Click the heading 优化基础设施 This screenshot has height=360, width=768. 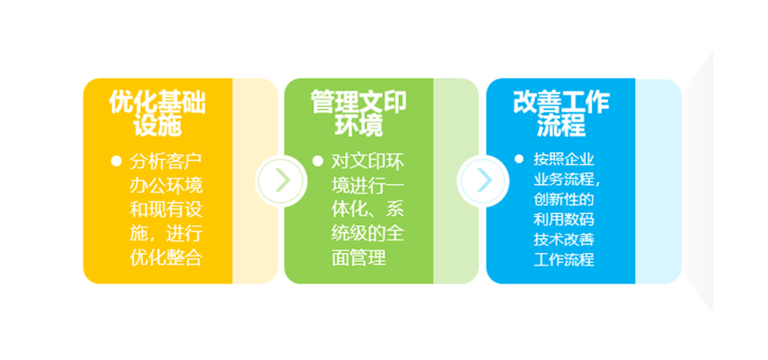[x=157, y=113]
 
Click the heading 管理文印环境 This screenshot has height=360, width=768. [x=358, y=113]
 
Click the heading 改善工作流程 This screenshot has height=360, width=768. [x=561, y=113]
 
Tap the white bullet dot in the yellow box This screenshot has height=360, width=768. [x=116, y=161]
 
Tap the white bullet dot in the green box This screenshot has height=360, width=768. [x=318, y=161]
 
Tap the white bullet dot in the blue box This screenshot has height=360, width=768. [x=519, y=159]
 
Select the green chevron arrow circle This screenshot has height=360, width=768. [x=282, y=181]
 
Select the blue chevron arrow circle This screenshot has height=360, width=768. [x=483, y=181]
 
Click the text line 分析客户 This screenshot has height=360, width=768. [x=166, y=161]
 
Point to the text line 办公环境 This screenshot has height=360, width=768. [x=166, y=185]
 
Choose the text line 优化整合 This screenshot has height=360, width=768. [x=166, y=257]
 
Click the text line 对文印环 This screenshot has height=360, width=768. [x=368, y=161]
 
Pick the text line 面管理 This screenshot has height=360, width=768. [x=358, y=257]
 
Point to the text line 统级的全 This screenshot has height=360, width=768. [x=368, y=233]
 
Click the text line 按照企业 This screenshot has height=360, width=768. [x=564, y=159]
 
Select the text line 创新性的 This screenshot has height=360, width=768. [x=564, y=199]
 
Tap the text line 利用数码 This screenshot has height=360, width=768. [x=564, y=219]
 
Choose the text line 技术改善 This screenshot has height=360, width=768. [x=564, y=239]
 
